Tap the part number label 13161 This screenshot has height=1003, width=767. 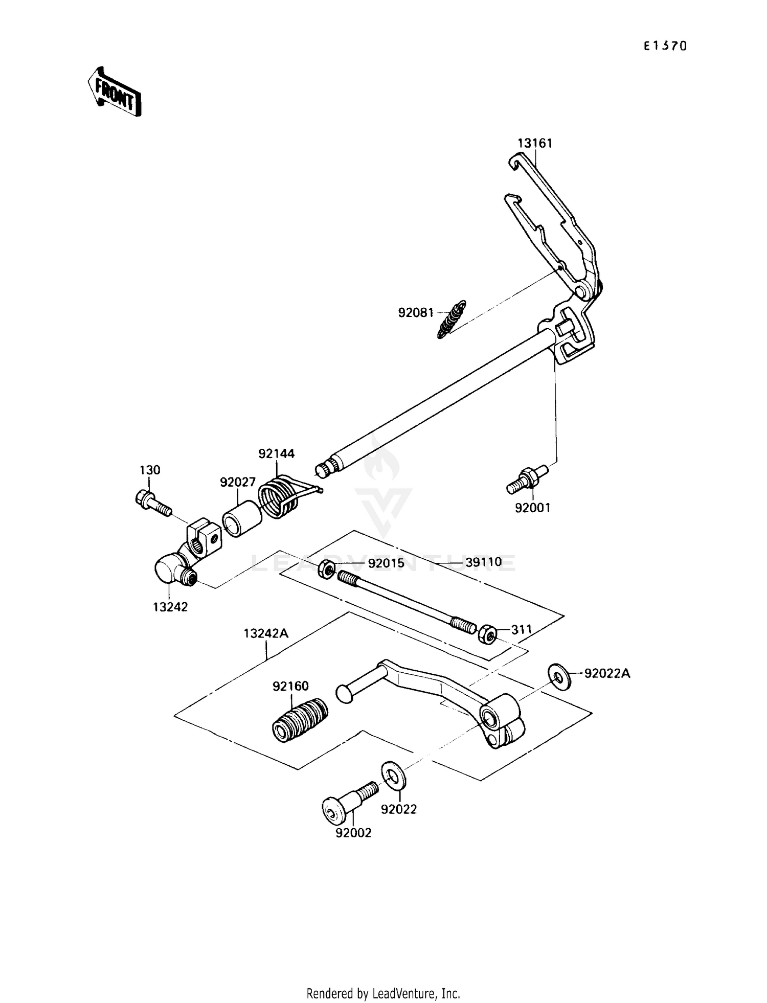pos(535,143)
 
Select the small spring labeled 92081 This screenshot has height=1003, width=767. pos(452,319)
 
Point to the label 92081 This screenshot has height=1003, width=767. pos(416,312)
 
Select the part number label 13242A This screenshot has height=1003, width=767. pos(266,633)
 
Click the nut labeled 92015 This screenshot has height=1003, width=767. pos(327,568)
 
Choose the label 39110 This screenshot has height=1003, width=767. pos(483,563)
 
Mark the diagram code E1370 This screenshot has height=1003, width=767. pos(665,46)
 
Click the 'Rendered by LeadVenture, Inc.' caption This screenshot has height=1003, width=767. pos(383,993)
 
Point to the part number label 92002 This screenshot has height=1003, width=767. pos(353,833)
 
